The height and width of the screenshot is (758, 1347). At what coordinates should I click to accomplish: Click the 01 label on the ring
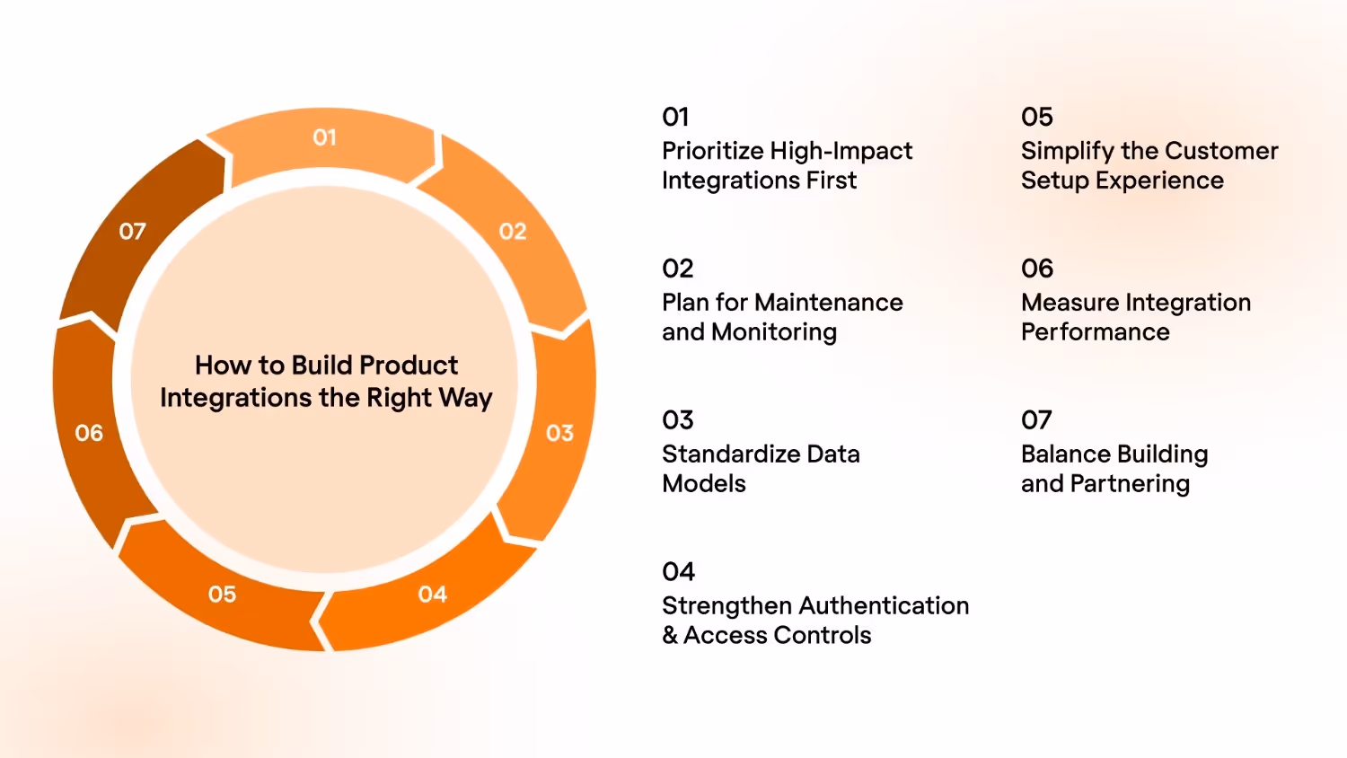pos(324,137)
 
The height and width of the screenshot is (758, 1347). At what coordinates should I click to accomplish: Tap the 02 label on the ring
pos(513,232)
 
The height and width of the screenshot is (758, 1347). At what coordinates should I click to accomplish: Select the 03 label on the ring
pos(559,433)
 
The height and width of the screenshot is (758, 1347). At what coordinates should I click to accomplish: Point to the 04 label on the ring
pos(432,595)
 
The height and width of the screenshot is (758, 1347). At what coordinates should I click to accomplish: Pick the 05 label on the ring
pos(222,595)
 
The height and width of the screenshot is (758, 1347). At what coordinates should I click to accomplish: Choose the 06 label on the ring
pos(89,433)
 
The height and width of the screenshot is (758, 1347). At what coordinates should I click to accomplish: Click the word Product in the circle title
pos(409,366)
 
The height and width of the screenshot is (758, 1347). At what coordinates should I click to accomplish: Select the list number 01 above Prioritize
pos(675,117)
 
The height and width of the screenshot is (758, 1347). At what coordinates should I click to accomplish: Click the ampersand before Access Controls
pos(670,636)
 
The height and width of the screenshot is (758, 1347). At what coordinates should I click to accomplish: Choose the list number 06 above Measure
pos(1037,269)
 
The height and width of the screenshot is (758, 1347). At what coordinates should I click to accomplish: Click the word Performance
pos(1096,332)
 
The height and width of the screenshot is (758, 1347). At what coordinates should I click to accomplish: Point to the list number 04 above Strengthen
pos(679,572)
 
